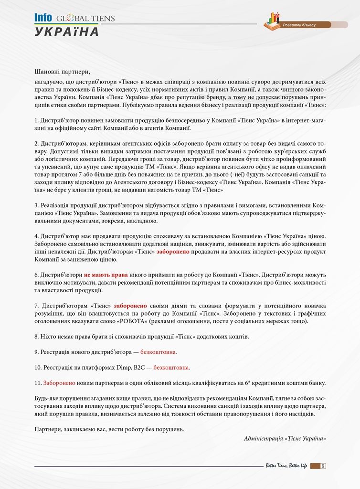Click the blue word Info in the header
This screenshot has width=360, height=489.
tap(43, 18)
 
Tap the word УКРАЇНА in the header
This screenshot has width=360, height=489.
tap(67, 32)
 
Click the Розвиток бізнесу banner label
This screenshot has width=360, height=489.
tap(299, 24)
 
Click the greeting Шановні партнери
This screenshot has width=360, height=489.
tap(62, 72)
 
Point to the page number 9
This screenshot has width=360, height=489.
tap(323, 466)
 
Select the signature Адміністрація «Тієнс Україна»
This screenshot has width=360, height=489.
tap(285, 438)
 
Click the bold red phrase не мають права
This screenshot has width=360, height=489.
tap(106, 275)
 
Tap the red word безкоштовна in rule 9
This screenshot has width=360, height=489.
tap(158, 352)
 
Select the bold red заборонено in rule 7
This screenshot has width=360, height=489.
tap(130, 306)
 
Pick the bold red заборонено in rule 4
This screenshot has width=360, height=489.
tap(173, 251)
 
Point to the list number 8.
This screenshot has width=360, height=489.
tap(37, 337)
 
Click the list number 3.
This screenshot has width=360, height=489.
tap(37, 205)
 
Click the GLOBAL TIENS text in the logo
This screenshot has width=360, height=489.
tap(86, 19)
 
